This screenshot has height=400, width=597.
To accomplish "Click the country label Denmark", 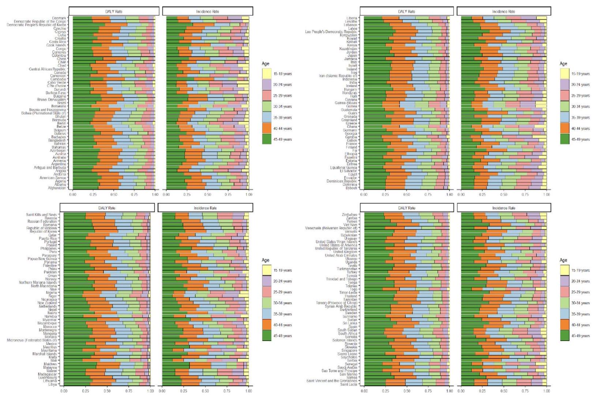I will (59, 18).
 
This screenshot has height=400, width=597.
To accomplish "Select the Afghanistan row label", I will (57, 188).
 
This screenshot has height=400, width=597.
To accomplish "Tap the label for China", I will (61, 59).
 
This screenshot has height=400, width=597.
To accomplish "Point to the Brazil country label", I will (61, 103).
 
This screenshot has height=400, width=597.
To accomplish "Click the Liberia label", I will (352, 18).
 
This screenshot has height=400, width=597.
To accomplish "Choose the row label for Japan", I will (352, 56).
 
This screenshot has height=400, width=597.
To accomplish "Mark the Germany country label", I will (350, 130).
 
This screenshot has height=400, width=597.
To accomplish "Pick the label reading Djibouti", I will (351, 188).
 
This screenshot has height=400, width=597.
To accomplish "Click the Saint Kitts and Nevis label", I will (41, 214).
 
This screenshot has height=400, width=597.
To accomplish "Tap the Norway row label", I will (51, 279).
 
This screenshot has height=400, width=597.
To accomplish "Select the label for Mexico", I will (51, 344).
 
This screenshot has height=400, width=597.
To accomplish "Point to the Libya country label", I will (52, 385).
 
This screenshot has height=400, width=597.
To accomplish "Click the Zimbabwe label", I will (349, 214).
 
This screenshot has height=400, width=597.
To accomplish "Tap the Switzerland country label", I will (348, 310).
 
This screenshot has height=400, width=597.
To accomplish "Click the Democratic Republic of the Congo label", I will (40, 22).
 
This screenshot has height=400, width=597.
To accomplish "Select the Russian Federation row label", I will (42, 221).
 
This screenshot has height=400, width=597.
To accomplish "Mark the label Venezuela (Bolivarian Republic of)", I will (331, 228).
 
